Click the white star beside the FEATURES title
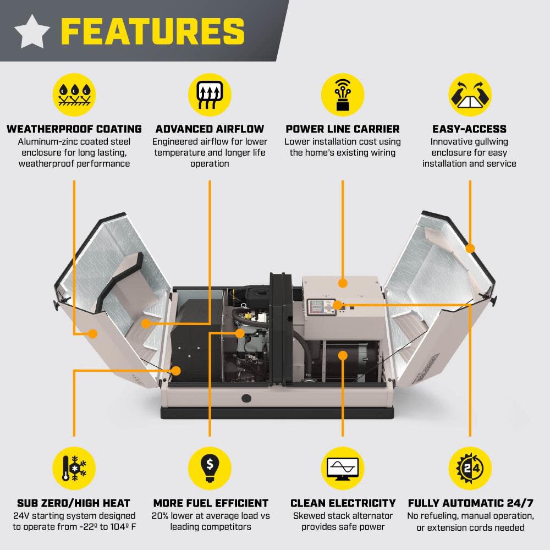[x=32, y=31]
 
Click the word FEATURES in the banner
[x=152, y=31]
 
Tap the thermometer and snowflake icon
[x=74, y=468]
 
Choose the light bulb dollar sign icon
[x=210, y=468]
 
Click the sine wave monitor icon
[x=343, y=468]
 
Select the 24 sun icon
[x=470, y=468]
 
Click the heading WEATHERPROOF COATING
[x=74, y=129]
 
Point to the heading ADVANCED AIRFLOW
[x=210, y=129]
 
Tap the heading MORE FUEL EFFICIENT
[x=211, y=503]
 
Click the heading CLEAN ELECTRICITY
[x=343, y=503]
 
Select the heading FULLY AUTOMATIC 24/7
[x=470, y=503]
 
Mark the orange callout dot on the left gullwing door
[x=93, y=333]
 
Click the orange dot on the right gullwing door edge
[x=470, y=248]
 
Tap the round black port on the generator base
[x=246, y=398]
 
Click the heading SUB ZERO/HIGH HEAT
[x=74, y=503]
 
